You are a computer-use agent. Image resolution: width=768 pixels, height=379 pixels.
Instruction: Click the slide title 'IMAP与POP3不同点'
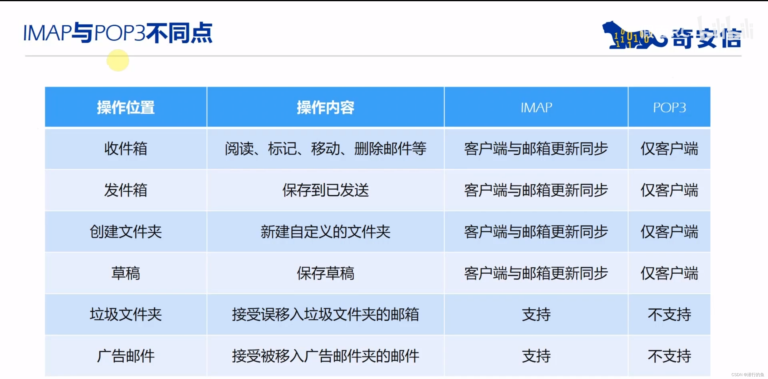pos(118,33)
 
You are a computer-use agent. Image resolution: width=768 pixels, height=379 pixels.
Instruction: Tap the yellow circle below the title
pos(118,60)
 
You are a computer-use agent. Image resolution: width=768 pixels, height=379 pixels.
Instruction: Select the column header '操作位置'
pos(126,107)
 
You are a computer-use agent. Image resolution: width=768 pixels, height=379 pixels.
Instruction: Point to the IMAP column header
pos(536,107)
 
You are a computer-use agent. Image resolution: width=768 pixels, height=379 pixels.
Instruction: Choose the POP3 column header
pos(669,107)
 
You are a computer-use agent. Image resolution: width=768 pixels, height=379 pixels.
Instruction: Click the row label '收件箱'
pos(126,149)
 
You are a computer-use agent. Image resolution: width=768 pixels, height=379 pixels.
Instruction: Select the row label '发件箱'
pos(126,190)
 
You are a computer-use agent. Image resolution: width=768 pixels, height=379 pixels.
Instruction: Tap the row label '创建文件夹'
pos(126,232)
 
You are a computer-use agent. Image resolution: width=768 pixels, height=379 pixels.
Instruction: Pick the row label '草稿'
pos(126,273)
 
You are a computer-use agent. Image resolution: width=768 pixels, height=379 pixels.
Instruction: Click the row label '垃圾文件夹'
pos(126,314)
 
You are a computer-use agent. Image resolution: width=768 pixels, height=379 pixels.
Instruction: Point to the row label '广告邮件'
pos(126,356)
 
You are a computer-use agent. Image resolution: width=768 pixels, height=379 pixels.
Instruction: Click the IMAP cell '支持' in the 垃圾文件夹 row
pos(536,314)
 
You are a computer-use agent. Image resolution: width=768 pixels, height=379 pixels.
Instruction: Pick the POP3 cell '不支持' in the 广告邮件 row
pos(669,356)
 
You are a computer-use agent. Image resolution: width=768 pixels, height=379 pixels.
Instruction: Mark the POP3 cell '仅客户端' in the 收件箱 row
pos(669,149)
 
